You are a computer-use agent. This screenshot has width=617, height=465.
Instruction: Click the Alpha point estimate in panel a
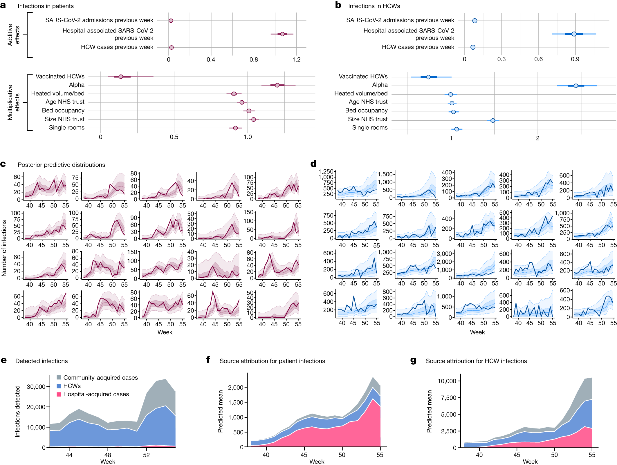277,85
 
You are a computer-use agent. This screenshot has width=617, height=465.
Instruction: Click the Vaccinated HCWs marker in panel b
428,77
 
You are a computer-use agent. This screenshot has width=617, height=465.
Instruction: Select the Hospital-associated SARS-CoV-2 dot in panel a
282,34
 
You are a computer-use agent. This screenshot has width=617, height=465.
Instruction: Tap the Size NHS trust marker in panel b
493,120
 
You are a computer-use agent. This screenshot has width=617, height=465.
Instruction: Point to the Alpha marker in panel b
576,86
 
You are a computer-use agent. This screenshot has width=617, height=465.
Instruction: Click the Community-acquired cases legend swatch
59,377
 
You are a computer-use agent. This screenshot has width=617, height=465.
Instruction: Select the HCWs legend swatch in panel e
59,386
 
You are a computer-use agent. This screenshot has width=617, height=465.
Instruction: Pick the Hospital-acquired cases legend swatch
59,394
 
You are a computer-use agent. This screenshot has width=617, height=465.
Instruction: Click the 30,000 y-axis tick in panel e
36,387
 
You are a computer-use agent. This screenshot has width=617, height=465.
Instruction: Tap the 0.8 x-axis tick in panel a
254,59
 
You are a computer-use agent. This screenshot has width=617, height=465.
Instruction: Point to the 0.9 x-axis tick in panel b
575,59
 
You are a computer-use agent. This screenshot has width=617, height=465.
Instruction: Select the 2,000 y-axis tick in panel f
235,388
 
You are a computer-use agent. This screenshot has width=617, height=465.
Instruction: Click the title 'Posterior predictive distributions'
61,165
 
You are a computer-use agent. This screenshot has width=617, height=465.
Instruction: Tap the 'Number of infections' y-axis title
4,248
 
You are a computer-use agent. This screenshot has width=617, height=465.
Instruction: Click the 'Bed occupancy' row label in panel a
63,111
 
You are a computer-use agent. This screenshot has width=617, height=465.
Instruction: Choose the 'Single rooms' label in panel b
370,128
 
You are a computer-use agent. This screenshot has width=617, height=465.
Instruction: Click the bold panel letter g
413,361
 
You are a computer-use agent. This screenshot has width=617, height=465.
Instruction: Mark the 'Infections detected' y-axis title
17,411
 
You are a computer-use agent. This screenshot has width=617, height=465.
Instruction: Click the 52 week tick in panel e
146,455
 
